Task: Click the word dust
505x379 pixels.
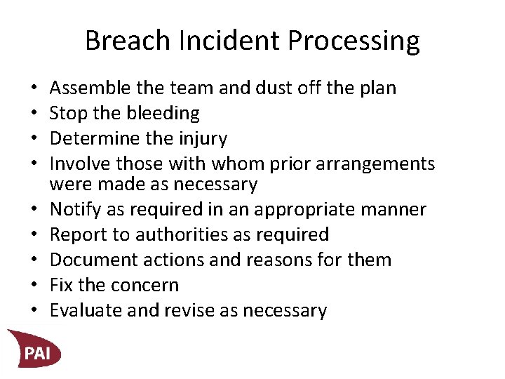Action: coord(285,88)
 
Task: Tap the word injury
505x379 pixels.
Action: coord(201,139)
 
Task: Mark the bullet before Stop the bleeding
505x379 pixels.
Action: coord(35,114)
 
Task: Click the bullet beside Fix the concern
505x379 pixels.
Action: coord(35,285)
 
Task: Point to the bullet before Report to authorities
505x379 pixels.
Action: coord(35,234)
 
